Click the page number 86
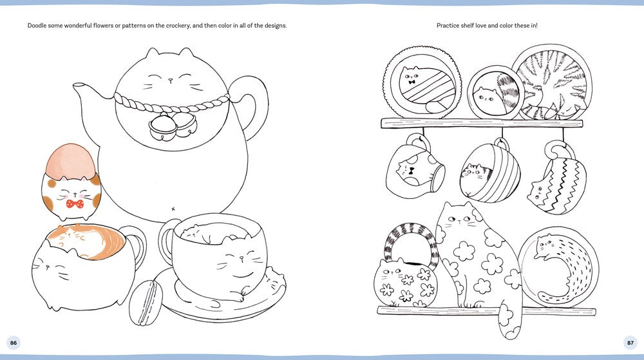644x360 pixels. coord(14,343)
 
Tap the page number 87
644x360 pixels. coord(630,343)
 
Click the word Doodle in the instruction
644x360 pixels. coord(37,26)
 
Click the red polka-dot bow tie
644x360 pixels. coord(75,204)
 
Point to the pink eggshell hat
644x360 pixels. coord(70,160)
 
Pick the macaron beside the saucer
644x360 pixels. coord(146,303)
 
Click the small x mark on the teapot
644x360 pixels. coord(173,209)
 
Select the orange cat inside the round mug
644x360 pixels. coord(86,241)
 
